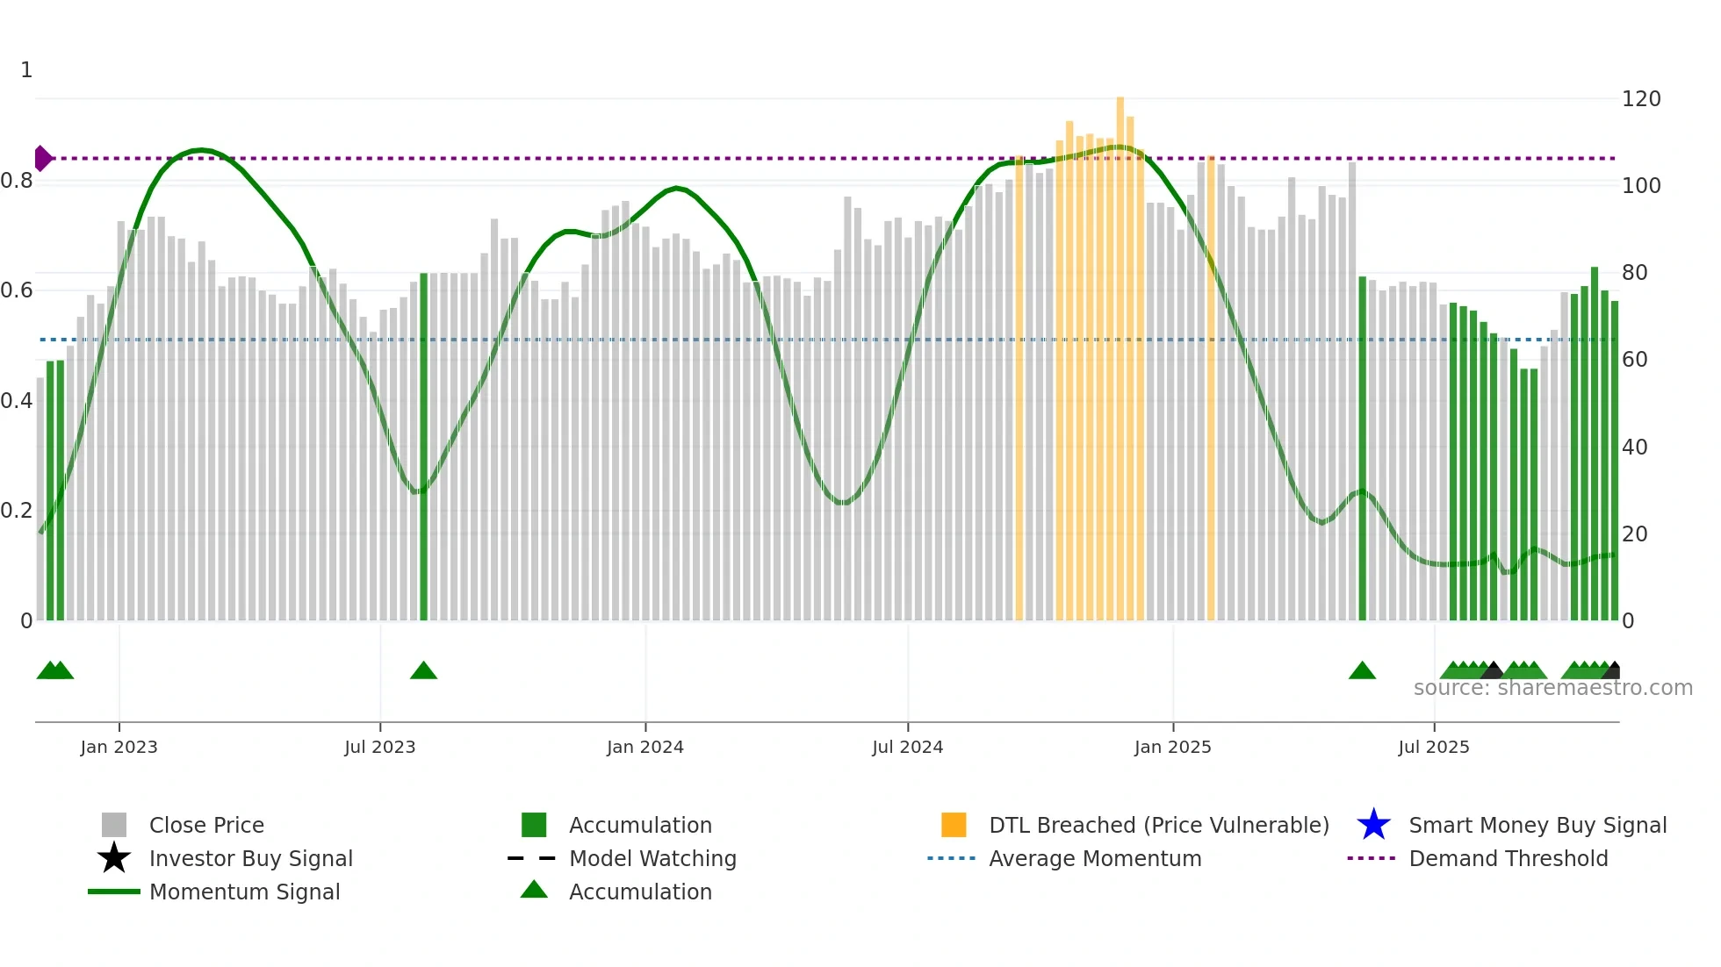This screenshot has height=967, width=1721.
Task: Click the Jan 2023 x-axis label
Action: pyautogui.click(x=119, y=748)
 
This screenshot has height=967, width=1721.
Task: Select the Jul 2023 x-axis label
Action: pyautogui.click(x=379, y=748)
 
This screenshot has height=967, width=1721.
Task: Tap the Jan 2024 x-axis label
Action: pyautogui.click(x=644, y=748)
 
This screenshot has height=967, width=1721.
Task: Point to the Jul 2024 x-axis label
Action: pyautogui.click(x=907, y=748)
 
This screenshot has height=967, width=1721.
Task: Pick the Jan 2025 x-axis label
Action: pyautogui.click(x=1172, y=748)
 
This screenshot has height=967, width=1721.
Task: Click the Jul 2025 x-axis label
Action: pyautogui.click(x=1433, y=748)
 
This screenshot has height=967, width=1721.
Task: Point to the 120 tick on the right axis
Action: pyautogui.click(x=1640, y=99)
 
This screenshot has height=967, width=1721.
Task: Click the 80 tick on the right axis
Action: pyautogui.click(x=1634, y=273)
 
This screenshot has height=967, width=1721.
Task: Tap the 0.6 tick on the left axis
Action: pyautogui.click(x=17, y=290)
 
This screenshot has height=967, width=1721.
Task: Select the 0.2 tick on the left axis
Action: pyautogui.click(x=17, y=511)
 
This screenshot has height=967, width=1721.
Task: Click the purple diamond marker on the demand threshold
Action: pyautogui.click(x=42, y=159)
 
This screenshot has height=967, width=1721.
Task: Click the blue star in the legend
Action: pyautogui.click(x=1373, y=825)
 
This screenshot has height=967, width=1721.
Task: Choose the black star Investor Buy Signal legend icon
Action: pyautogui.click(x=114, y=858)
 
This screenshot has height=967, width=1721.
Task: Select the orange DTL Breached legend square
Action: pyautogui.click(x=954, y=825)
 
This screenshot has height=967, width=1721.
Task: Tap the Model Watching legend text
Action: pyautogui.click(x=652, y=859)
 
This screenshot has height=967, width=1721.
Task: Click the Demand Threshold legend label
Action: pyautogui.click(x=1508, y=859)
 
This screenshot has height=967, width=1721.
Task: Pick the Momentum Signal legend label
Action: pyautogui.click(x=244, y=892)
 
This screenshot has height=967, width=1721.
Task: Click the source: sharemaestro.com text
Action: pyautogui.click(x=1552, y=688)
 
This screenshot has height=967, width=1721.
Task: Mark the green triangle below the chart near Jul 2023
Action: pyautogui.click(x=423, y=671)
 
